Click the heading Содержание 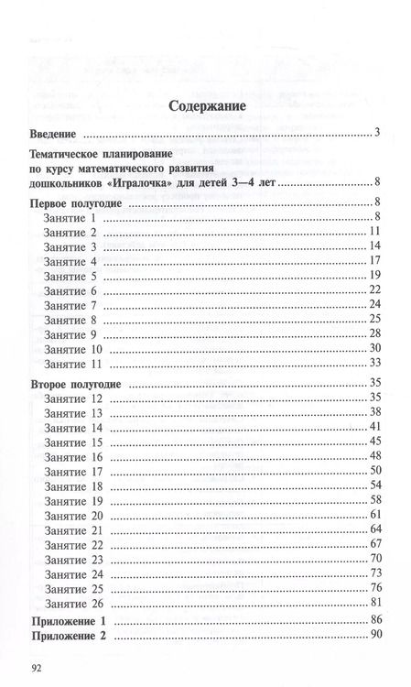tap(205, 107)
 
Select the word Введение tap(58, 135)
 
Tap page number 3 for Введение tap(377, 135)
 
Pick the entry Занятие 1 tap(70, 216)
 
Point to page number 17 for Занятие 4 tap(374, 261)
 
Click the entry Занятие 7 tap(70, 305)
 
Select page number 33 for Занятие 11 tap(374, 364)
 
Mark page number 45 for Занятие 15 tap(374, 442)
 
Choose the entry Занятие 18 tap(73, 485)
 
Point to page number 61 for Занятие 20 tap(374, 515)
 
